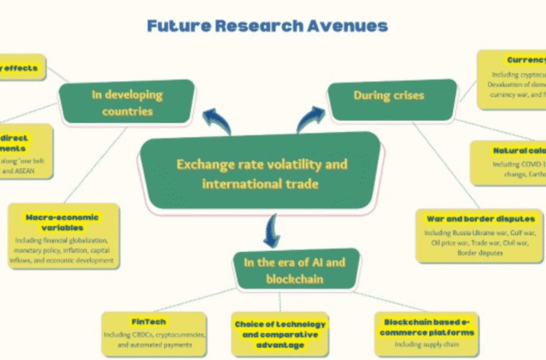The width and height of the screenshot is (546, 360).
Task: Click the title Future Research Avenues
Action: point(267,26)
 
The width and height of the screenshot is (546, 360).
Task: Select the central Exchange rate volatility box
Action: point(262,174)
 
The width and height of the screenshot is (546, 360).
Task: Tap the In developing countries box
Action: point(127,103)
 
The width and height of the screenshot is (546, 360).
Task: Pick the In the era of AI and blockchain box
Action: point(294,270)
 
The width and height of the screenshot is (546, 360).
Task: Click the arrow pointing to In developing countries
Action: point(216,120)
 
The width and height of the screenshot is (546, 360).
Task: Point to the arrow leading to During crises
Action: point(309,118)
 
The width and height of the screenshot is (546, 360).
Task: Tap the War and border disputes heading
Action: point(480,219)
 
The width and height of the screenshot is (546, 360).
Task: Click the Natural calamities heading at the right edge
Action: point(518,150)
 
